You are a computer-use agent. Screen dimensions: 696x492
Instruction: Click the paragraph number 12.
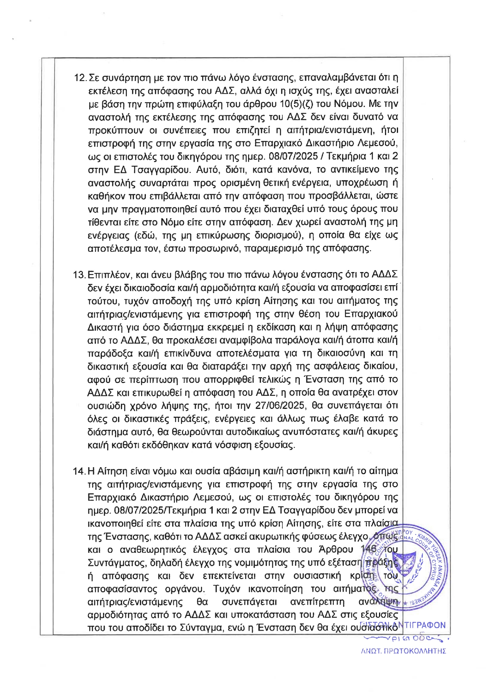(80, 78)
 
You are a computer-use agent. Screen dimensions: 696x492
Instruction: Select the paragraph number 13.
(80, 275)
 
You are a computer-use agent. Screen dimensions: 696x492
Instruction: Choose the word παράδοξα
(109, 353)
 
